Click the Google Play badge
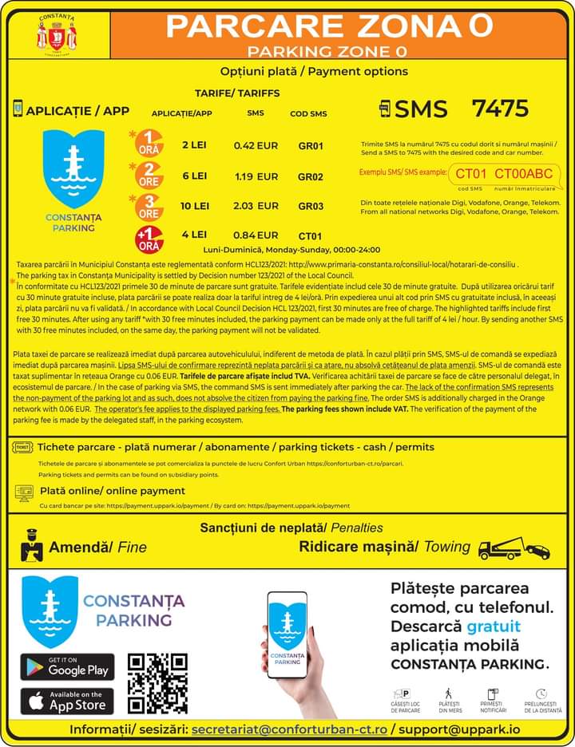(x=67, y=667)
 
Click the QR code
(x=157, y=683)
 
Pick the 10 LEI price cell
(x=194, y=206)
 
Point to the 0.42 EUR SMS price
(x=256, y=146)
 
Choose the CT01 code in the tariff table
(x=310, y=235)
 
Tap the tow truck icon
(x=514, y=548)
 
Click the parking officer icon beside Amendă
(x=31, y=546)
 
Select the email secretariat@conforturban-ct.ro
(x=290, y=729)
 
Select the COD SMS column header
(x=308, y=114)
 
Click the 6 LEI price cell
(x=194, y=176)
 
